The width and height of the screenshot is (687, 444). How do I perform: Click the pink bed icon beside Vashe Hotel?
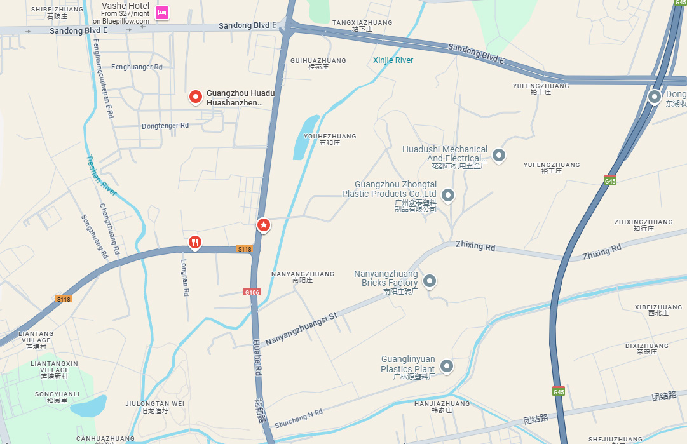162,12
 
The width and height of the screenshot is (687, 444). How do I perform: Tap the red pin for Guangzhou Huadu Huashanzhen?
196,97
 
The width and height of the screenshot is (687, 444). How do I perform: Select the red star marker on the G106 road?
264,224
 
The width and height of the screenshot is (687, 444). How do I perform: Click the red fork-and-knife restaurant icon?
195,241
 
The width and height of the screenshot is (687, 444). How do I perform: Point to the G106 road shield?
252,292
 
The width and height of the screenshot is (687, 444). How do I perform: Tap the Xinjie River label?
393,60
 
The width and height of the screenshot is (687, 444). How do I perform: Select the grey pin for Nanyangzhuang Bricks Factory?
430,280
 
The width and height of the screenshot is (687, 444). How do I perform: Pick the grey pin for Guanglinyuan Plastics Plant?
447,365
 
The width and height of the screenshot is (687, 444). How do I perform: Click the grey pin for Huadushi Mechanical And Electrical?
499,154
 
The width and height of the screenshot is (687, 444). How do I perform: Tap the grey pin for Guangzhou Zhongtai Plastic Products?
448,195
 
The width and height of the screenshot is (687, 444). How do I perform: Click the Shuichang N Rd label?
299,415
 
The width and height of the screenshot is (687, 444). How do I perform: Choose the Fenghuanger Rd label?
137,67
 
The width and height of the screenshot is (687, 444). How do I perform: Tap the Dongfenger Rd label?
165,126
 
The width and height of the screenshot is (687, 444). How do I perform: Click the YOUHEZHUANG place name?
330,137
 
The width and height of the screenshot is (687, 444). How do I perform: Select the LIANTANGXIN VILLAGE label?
54,367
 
